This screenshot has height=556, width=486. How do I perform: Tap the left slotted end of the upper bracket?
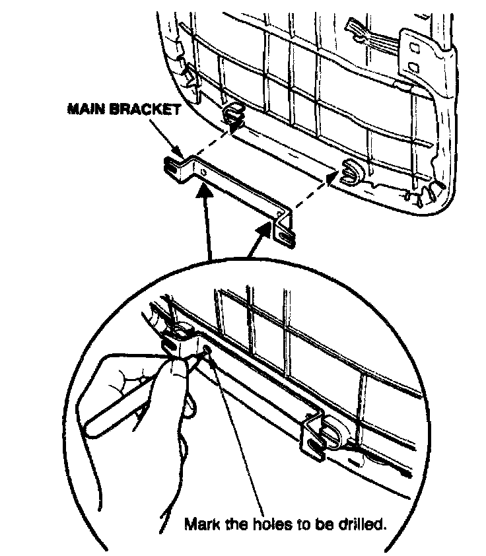[173, 166]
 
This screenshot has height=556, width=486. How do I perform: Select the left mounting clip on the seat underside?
[232, 113]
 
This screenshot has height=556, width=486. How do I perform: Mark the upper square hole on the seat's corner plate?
[413, 48]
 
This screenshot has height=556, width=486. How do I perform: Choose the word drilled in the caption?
[361, 525]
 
